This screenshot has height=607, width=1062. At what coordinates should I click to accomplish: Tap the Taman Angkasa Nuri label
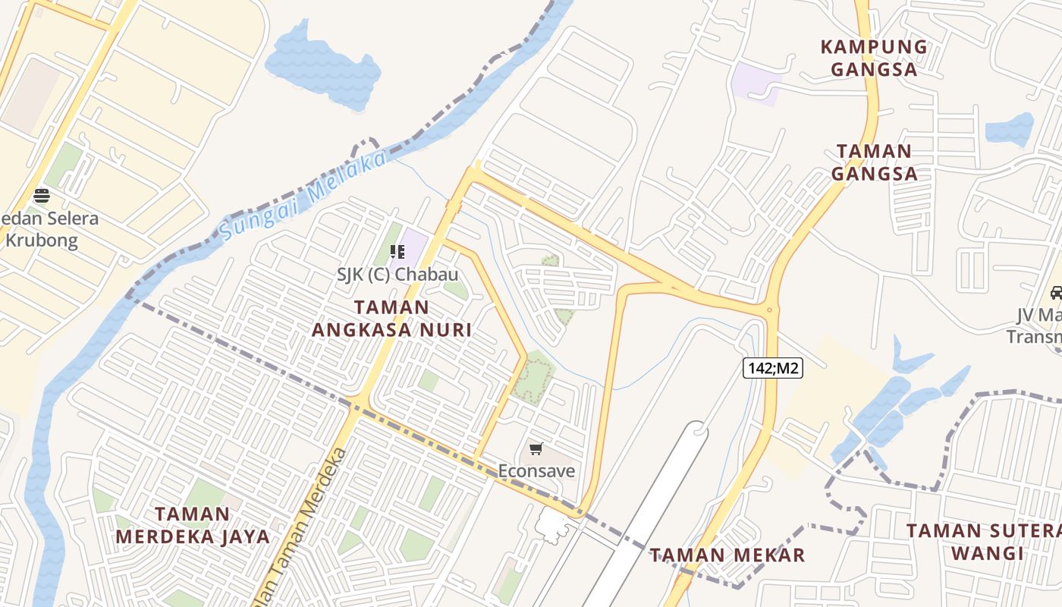391,319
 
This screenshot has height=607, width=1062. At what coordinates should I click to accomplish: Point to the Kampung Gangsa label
874,58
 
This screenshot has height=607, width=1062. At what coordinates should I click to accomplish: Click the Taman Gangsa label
874,162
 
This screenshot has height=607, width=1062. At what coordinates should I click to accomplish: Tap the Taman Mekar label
727,555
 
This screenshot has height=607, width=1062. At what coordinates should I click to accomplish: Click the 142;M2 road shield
772,369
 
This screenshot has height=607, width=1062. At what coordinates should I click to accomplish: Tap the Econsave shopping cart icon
536,449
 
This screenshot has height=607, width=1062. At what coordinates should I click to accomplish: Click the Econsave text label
536,471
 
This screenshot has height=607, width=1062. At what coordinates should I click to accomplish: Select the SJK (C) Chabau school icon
397,251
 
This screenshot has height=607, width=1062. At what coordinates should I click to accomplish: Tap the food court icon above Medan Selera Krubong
42,196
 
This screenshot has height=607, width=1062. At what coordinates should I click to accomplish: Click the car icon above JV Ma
1056,292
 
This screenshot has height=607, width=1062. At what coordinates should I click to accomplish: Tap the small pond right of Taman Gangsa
1010,129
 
